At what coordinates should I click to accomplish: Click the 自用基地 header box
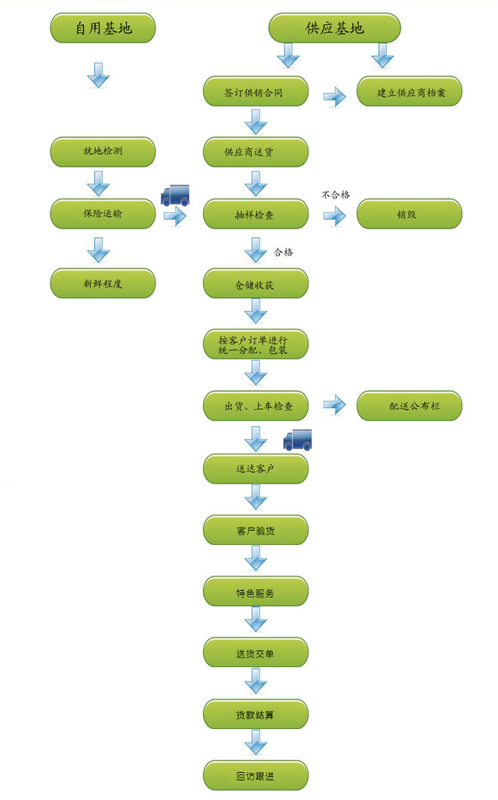(103, 29)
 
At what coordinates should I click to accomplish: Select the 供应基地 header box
(334, 29)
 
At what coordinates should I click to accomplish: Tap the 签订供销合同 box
(256, 93)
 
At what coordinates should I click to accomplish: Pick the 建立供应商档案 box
(409, 93)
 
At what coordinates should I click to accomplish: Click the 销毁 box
(409, 214)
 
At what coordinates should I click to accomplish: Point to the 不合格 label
(336, 195)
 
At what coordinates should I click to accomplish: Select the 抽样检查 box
(256, 214)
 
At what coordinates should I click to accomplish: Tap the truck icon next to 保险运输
(175, 195)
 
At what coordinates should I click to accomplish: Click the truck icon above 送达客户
(297, 439)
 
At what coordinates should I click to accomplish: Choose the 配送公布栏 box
(409, 406)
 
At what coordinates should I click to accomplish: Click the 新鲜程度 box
(103, 284)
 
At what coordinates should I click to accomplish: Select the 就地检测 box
(103, 152)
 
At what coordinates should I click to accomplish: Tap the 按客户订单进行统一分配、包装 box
(256, 344)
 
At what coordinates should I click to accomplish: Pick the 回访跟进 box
(256, 776)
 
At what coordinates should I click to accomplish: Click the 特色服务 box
(256, 592)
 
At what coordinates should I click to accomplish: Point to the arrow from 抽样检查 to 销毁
(334, 217)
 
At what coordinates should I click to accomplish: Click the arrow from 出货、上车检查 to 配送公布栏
(334, 406)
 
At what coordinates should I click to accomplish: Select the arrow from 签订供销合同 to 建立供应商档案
(334, 96)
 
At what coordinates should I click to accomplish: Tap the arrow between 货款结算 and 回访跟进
(256, 744)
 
